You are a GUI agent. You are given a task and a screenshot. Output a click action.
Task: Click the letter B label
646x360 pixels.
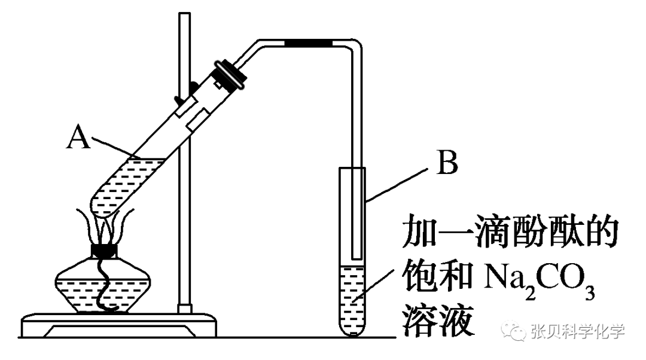447,164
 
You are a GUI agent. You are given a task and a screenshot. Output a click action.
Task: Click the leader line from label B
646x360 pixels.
398,183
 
